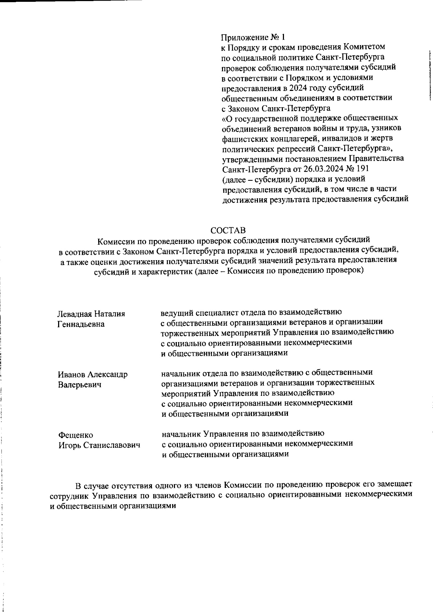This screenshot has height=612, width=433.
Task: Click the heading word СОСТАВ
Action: pos(228,230)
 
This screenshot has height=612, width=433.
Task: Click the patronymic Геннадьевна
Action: pos(81,324)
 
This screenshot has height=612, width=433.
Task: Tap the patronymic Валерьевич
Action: pos(80,384)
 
